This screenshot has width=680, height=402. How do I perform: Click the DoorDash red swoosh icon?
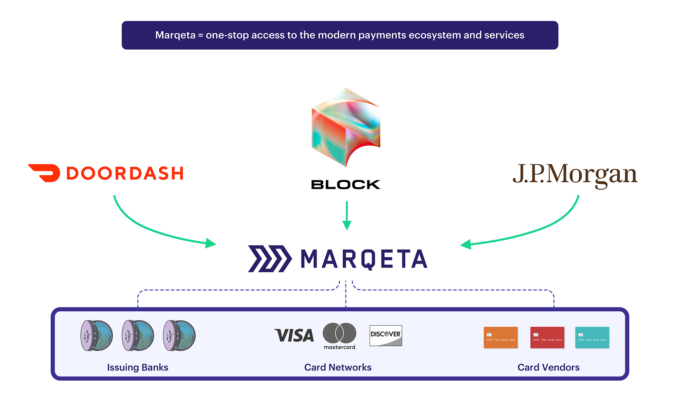point(45,173)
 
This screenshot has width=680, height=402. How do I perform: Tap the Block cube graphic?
point(346,127)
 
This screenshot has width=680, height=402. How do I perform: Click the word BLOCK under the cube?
point(346,184)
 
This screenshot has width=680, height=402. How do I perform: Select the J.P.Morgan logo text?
point(575,175)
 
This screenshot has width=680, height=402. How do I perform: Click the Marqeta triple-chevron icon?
point(270,259)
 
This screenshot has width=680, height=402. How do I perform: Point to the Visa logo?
point(294,335)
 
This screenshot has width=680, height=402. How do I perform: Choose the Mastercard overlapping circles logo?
point(339,333)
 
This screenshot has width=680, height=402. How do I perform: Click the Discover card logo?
point(386,335)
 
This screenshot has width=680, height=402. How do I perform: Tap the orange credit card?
point(500,337)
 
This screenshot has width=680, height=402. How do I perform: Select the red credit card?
point(547,337)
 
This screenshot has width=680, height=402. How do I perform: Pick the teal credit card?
point(592,337)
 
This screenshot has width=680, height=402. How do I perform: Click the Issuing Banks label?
point(138,367)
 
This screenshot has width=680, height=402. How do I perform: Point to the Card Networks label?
point(338,367)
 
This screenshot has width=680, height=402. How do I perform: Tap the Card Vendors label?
point(548,367)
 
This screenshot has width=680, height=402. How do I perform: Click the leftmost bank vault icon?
point(97,335)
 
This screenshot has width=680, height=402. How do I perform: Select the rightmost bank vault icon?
point(179,335)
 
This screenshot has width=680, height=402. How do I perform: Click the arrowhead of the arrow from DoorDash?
point(211,243)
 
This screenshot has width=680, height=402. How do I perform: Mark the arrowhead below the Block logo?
point(347,225)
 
